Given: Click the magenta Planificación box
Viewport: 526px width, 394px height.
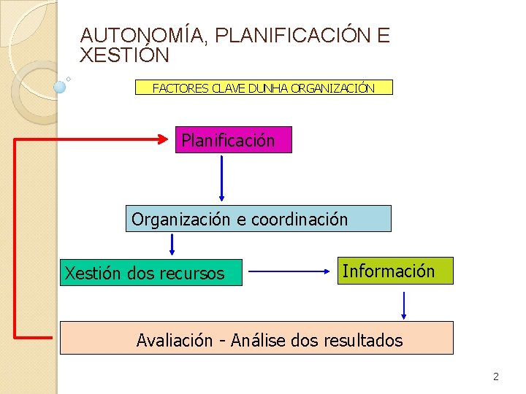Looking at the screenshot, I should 234,140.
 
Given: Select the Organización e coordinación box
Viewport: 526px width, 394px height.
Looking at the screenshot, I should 259,219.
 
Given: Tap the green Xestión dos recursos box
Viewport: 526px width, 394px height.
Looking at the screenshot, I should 150,273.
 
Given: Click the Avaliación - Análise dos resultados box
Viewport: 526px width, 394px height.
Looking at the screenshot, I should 256,339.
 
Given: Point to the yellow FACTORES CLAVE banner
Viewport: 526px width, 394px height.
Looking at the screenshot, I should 264,88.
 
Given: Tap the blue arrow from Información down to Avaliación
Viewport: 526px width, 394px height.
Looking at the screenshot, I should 404,305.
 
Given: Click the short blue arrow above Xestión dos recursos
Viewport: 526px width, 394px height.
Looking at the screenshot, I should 172,244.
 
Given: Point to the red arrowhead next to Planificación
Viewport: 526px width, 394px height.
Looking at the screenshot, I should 164,139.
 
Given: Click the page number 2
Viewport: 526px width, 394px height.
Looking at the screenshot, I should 496,377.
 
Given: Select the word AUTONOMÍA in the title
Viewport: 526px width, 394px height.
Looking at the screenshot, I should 142,35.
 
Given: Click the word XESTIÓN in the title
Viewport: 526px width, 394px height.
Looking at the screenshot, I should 125,55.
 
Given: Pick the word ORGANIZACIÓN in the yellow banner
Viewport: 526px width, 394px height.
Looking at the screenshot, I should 332,88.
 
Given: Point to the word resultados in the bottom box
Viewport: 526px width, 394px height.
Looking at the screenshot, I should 364,340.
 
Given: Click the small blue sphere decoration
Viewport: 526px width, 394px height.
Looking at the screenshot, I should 60,86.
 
